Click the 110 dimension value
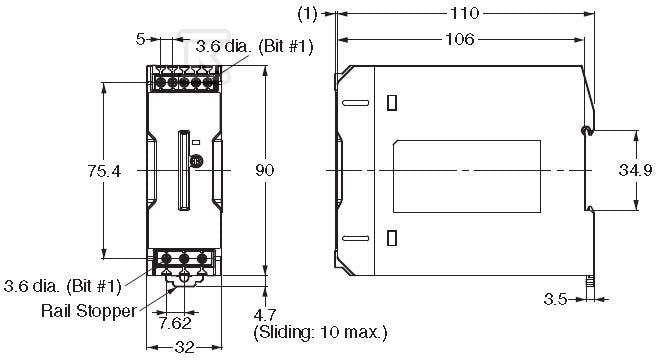point(464,13)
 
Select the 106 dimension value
point(459,39)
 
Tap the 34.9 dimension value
point(636,170)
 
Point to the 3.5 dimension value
point(555,299)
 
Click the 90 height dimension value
point(265,170)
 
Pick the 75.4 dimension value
point(104,171)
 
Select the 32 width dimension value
point(184,347)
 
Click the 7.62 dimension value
point(176,323)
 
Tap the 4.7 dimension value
point(265,314)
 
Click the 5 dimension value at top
point(140,39)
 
